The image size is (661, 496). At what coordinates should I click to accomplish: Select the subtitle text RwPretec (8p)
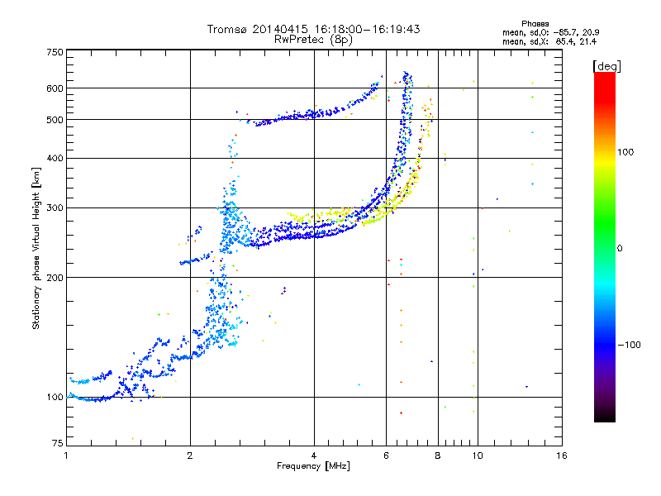[x=313, y=40]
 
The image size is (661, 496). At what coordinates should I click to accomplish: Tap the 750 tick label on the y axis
[x=55, y=52]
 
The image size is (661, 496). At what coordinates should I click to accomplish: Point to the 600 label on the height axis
[x=55, y=88]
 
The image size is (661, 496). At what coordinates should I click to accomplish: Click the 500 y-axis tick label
[x=55, y=120]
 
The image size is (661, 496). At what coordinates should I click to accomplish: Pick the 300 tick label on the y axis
[x=55, y=208]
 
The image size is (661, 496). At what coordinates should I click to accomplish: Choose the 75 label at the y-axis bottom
[x=58, y=443]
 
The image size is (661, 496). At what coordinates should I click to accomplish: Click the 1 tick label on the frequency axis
[x=66, y=455]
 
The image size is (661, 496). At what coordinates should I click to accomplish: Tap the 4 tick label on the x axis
[x=314, y=455]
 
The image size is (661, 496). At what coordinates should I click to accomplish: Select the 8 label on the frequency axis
[x=438, y=455]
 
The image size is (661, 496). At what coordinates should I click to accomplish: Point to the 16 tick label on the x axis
[x=562, y=455]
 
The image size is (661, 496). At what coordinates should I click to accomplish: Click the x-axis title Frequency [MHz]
[x=313, y=466]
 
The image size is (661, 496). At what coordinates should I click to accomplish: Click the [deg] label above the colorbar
[x=607, y=67]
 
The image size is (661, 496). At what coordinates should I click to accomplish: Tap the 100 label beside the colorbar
[x=625, y=152]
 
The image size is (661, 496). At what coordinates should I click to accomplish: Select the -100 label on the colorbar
[x=630, y=345]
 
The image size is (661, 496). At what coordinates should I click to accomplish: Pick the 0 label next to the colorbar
[x=620, y=249]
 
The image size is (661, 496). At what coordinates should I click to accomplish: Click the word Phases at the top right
[x=535, y=24]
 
